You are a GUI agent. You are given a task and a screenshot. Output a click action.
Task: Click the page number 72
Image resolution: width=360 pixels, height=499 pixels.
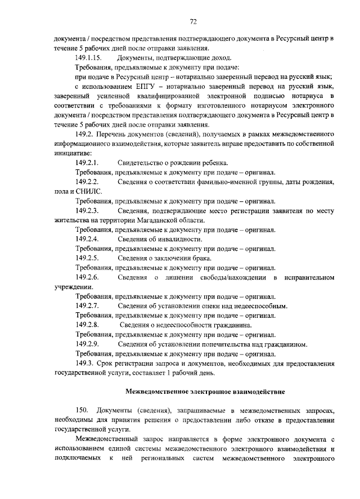click(x=193, y=21)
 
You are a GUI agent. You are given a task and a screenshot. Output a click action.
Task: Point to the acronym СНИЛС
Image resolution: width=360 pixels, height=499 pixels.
click(x=87, y=191)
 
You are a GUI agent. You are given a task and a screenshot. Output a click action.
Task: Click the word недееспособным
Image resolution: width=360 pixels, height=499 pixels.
click(x=257, y=306)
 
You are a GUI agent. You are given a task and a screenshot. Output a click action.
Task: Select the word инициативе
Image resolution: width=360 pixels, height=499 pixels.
click(x=73, y=153)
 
